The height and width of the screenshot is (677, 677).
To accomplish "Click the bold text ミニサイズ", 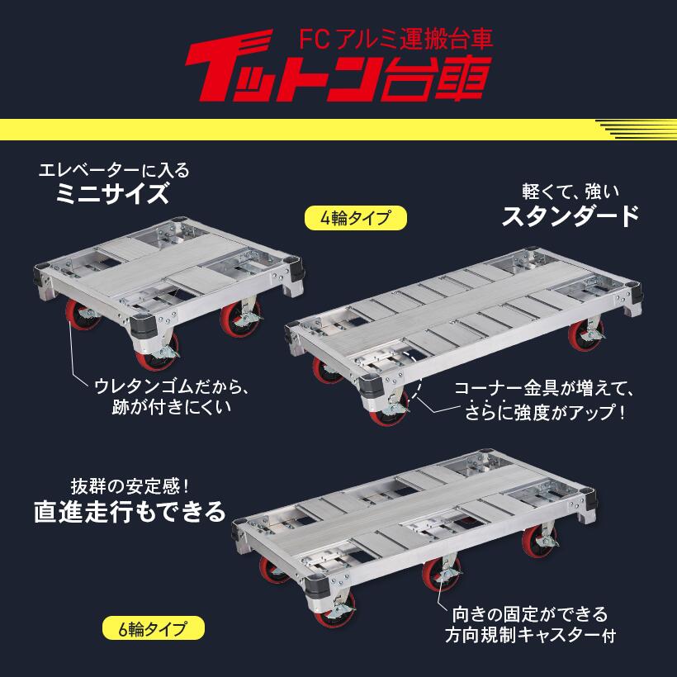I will pos(113,196).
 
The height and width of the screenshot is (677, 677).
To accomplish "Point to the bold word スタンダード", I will pos(570,216).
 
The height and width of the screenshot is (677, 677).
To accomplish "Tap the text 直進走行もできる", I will pos(130,512).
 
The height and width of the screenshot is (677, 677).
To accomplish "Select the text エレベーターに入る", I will pos(113,170).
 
